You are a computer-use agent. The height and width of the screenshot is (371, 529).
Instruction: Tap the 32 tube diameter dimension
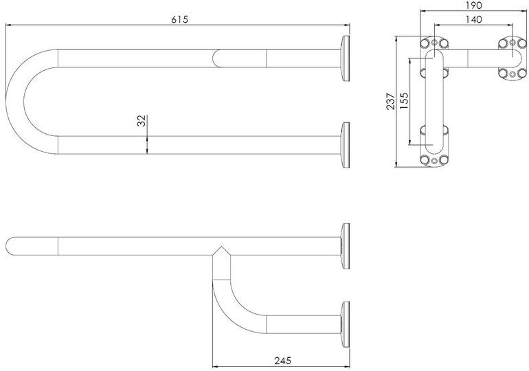141,122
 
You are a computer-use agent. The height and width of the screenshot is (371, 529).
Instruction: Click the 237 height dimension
390,101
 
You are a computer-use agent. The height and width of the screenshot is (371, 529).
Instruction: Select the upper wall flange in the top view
343,59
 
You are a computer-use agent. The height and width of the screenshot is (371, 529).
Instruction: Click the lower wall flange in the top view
343,145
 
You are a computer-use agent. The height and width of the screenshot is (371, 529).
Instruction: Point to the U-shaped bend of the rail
27,102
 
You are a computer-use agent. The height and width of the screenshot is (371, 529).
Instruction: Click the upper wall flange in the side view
343,246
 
